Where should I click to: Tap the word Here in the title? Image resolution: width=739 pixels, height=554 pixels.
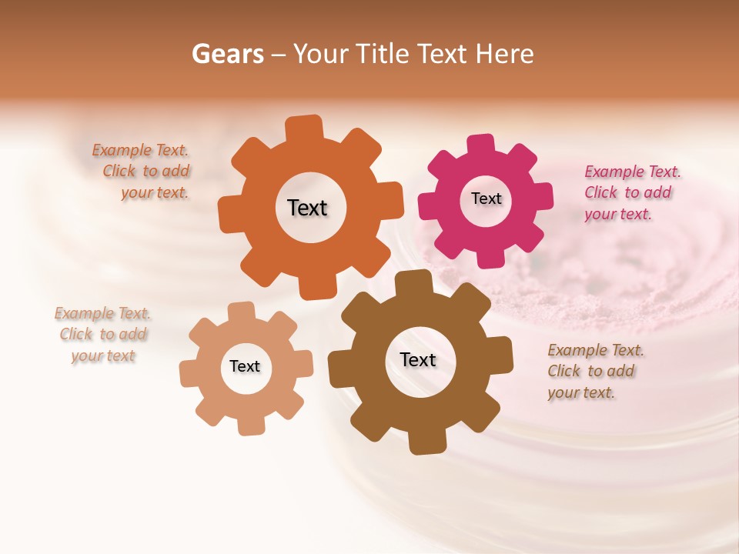click(505, 54)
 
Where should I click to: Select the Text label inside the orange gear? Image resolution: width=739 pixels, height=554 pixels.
click(307, 208)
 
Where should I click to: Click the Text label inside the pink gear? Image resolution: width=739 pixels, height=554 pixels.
click(486, 199)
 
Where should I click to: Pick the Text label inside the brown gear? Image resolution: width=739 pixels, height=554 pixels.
click(418, 359)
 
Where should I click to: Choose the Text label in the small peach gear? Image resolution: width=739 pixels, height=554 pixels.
click(245, 366)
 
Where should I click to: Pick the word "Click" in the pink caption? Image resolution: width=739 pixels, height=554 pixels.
click(602, 192)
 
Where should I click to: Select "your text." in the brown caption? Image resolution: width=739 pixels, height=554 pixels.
click(581, 392)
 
